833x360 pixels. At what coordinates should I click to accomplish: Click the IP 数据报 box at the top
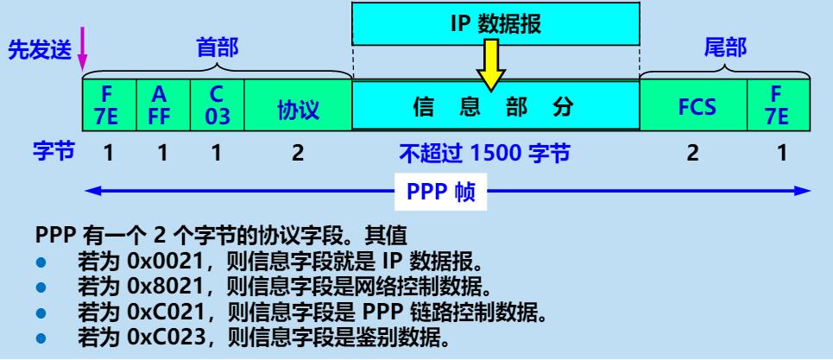click(x=495, y=24)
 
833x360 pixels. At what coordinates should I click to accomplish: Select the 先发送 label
click(x=41, y=50)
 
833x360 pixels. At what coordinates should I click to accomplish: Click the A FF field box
click(x=162, y=104)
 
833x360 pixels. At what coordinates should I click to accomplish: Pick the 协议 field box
click(x=298, y=105)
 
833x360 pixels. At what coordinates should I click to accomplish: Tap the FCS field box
click(x=691, y=105)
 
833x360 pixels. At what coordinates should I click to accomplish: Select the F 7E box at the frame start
click(x=109, y=104)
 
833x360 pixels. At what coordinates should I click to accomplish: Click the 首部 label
click(x=216, y=50)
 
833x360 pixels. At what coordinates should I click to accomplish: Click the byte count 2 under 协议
click(x=298, y=155)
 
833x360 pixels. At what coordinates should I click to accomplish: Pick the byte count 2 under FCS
click(x=692, y=155)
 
